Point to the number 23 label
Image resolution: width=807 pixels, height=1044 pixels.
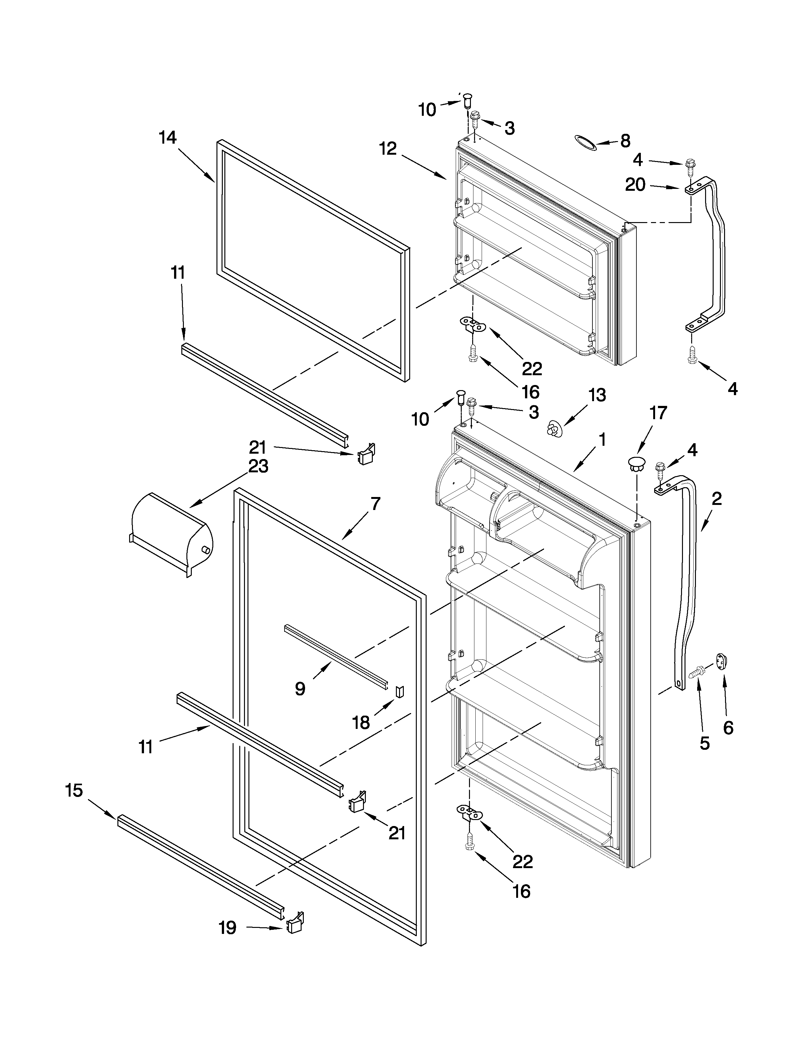258,466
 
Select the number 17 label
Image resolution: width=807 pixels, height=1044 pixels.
658,413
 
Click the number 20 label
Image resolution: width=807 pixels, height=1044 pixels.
635,184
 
